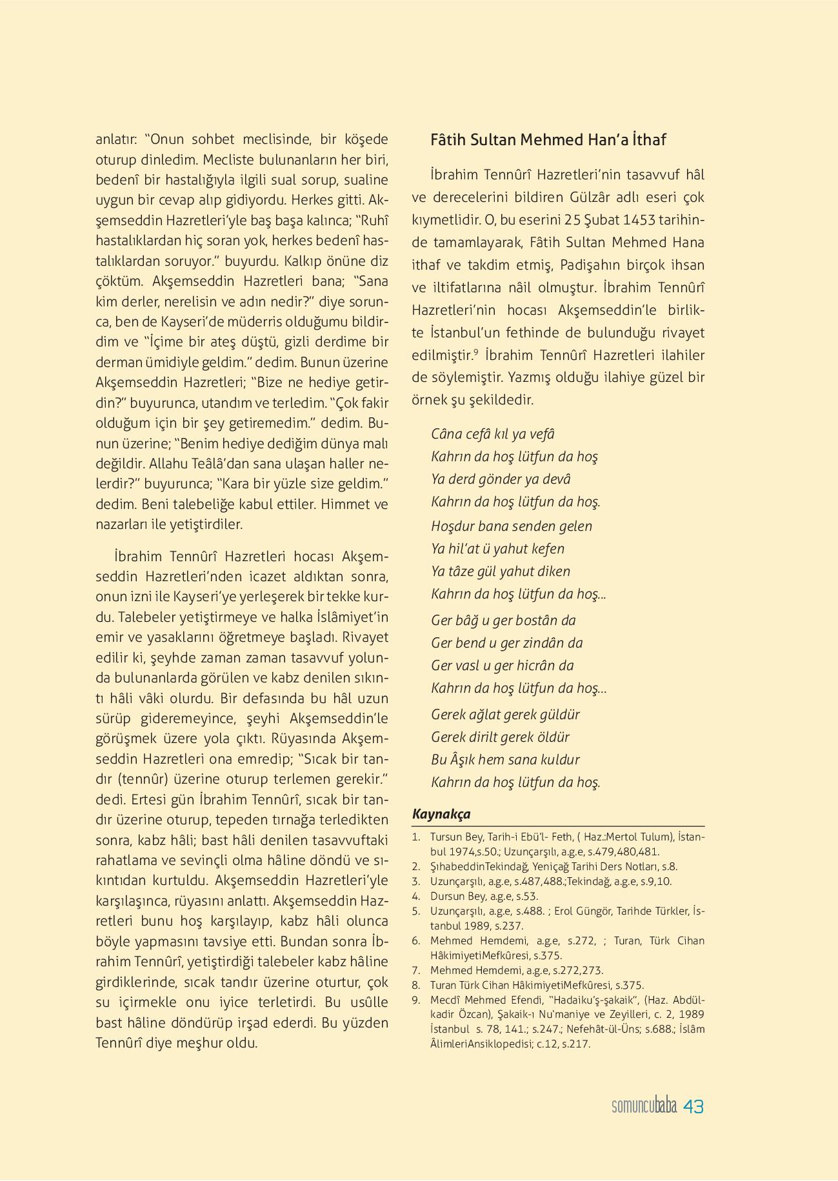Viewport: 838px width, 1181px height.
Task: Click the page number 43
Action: coord(693,1106)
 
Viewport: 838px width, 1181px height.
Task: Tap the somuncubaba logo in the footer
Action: coord(644,1106)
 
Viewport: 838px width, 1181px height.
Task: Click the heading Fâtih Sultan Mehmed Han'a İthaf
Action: coord(548,140)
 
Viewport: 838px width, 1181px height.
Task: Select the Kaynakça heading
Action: coord(441,814)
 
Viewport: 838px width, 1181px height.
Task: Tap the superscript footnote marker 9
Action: coord(476,352)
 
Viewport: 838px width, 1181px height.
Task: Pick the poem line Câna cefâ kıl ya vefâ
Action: coord(493,434)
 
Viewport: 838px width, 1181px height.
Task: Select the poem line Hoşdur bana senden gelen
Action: coord(512,526)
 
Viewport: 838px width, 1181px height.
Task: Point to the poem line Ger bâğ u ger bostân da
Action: coord(503,620)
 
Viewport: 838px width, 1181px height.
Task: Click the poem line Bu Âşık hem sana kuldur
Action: coord(505,760)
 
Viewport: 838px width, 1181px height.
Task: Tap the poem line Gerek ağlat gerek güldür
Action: coord(505,715)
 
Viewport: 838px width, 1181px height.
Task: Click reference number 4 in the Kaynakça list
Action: coord(416,896)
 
